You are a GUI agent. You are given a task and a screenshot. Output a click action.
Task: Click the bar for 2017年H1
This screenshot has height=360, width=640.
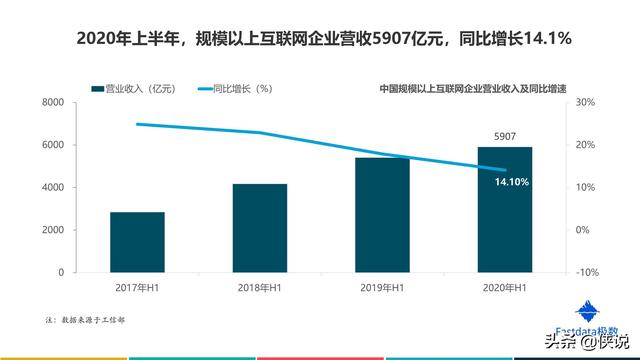(137, 242)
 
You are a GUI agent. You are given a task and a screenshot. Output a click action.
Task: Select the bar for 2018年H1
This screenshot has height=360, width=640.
(260, 228)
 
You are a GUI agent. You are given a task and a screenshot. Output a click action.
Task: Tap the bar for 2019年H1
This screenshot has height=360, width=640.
(382, 215)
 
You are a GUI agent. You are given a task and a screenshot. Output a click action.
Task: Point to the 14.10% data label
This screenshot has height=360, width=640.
(512, 182)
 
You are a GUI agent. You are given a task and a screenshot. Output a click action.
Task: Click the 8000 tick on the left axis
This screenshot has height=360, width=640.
(53, 103)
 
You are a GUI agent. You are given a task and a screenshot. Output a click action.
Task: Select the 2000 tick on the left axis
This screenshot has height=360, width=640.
(53, 230)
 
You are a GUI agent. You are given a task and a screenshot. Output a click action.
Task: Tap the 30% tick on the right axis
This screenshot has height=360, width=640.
(587, 103)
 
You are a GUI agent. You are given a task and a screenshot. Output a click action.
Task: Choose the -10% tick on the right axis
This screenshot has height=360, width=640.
(586, 272)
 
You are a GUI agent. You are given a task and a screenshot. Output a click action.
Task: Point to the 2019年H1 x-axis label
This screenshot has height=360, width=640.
(382, 288)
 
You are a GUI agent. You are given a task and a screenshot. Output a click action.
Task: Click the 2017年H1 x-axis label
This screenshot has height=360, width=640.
(137, 288)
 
